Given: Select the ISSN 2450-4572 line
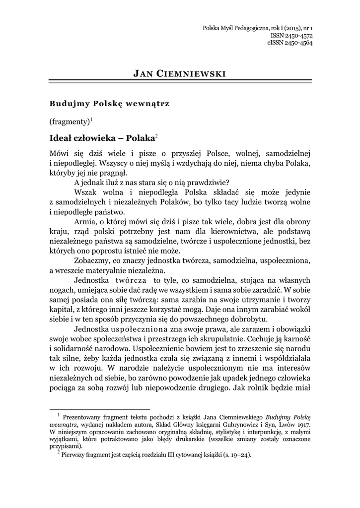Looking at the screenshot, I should coord(291,36).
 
